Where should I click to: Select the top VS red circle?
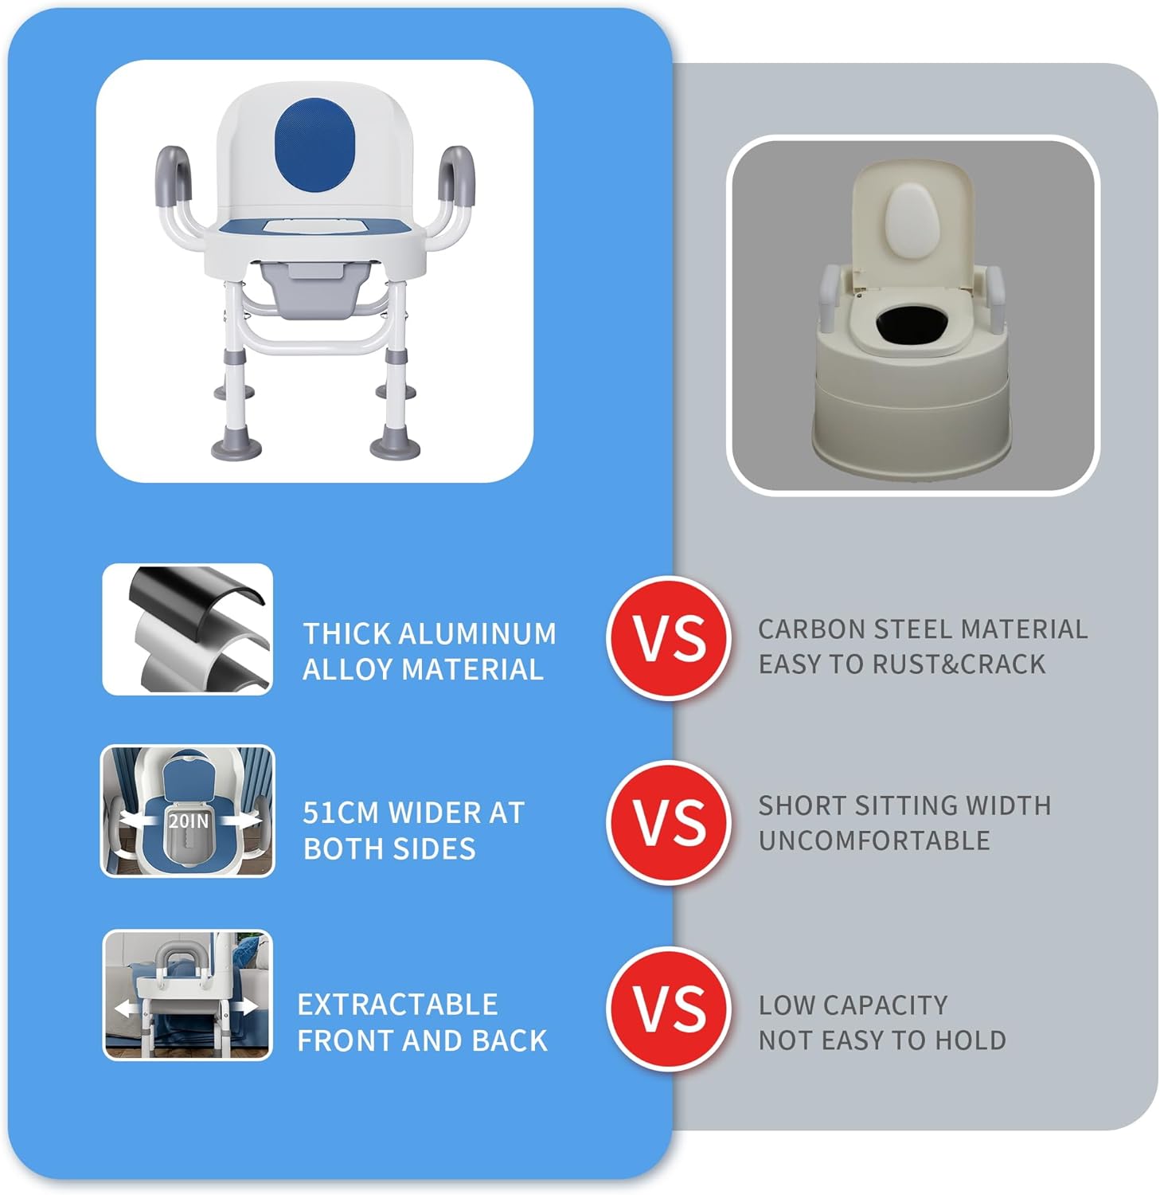[669, 638]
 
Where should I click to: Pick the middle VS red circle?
[669, 822]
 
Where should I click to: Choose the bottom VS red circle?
[669, 1008]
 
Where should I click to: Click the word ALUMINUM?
[477, 634]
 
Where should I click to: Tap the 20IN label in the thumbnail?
[188, 820]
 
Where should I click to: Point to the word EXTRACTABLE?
[397, 1005]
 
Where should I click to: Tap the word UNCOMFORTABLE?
[874, 840]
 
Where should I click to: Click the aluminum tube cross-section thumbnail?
[188, 629]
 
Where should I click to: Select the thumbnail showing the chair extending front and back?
[188, 995]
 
